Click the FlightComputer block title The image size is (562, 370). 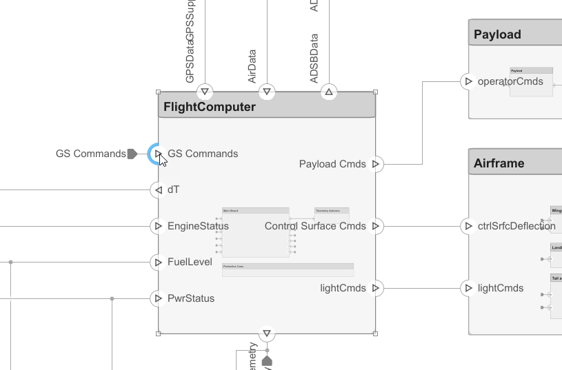[210, 107]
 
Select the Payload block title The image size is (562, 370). [497, 34]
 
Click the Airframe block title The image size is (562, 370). [499, 163]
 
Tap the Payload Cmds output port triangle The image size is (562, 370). [376, 164]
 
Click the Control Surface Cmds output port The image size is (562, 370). [376, 226]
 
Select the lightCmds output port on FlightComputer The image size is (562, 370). [376, 288]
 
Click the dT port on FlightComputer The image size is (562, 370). [159, 189]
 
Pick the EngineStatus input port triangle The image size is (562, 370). [159, 226]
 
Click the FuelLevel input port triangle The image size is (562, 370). [159, 262]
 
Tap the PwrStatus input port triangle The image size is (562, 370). [159, 298]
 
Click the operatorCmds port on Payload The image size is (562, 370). [469, 81]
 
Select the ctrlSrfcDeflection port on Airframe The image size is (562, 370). [469, 226]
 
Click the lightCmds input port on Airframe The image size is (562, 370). [469, 288]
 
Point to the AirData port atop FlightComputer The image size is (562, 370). [267, 91]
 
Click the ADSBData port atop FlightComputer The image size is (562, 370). [329, 91]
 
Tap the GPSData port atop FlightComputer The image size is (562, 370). [205, 91]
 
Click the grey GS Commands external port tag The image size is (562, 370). [132, 154]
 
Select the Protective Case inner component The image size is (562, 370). [288, 269]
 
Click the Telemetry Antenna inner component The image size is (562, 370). [332, 214]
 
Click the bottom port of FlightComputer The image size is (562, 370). [267, 334]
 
